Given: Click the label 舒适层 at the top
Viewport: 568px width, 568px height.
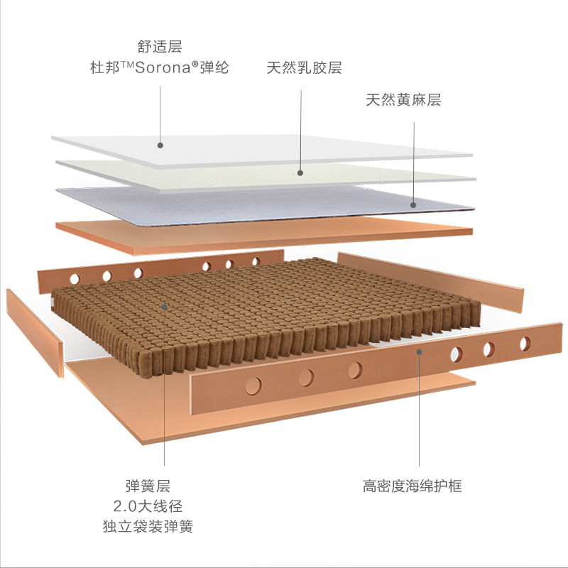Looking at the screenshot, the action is [160, 48].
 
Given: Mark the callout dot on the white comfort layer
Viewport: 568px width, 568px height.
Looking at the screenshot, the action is [160, 145].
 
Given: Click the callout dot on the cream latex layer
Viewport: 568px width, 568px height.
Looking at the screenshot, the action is [300, 172].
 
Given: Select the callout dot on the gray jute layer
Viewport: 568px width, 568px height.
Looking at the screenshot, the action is [413, 204].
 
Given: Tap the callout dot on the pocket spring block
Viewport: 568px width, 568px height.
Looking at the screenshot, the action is [165, 307].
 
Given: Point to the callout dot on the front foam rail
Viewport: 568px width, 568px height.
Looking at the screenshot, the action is [419, 351].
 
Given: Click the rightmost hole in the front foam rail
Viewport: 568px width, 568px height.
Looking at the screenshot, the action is [525, 344].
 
